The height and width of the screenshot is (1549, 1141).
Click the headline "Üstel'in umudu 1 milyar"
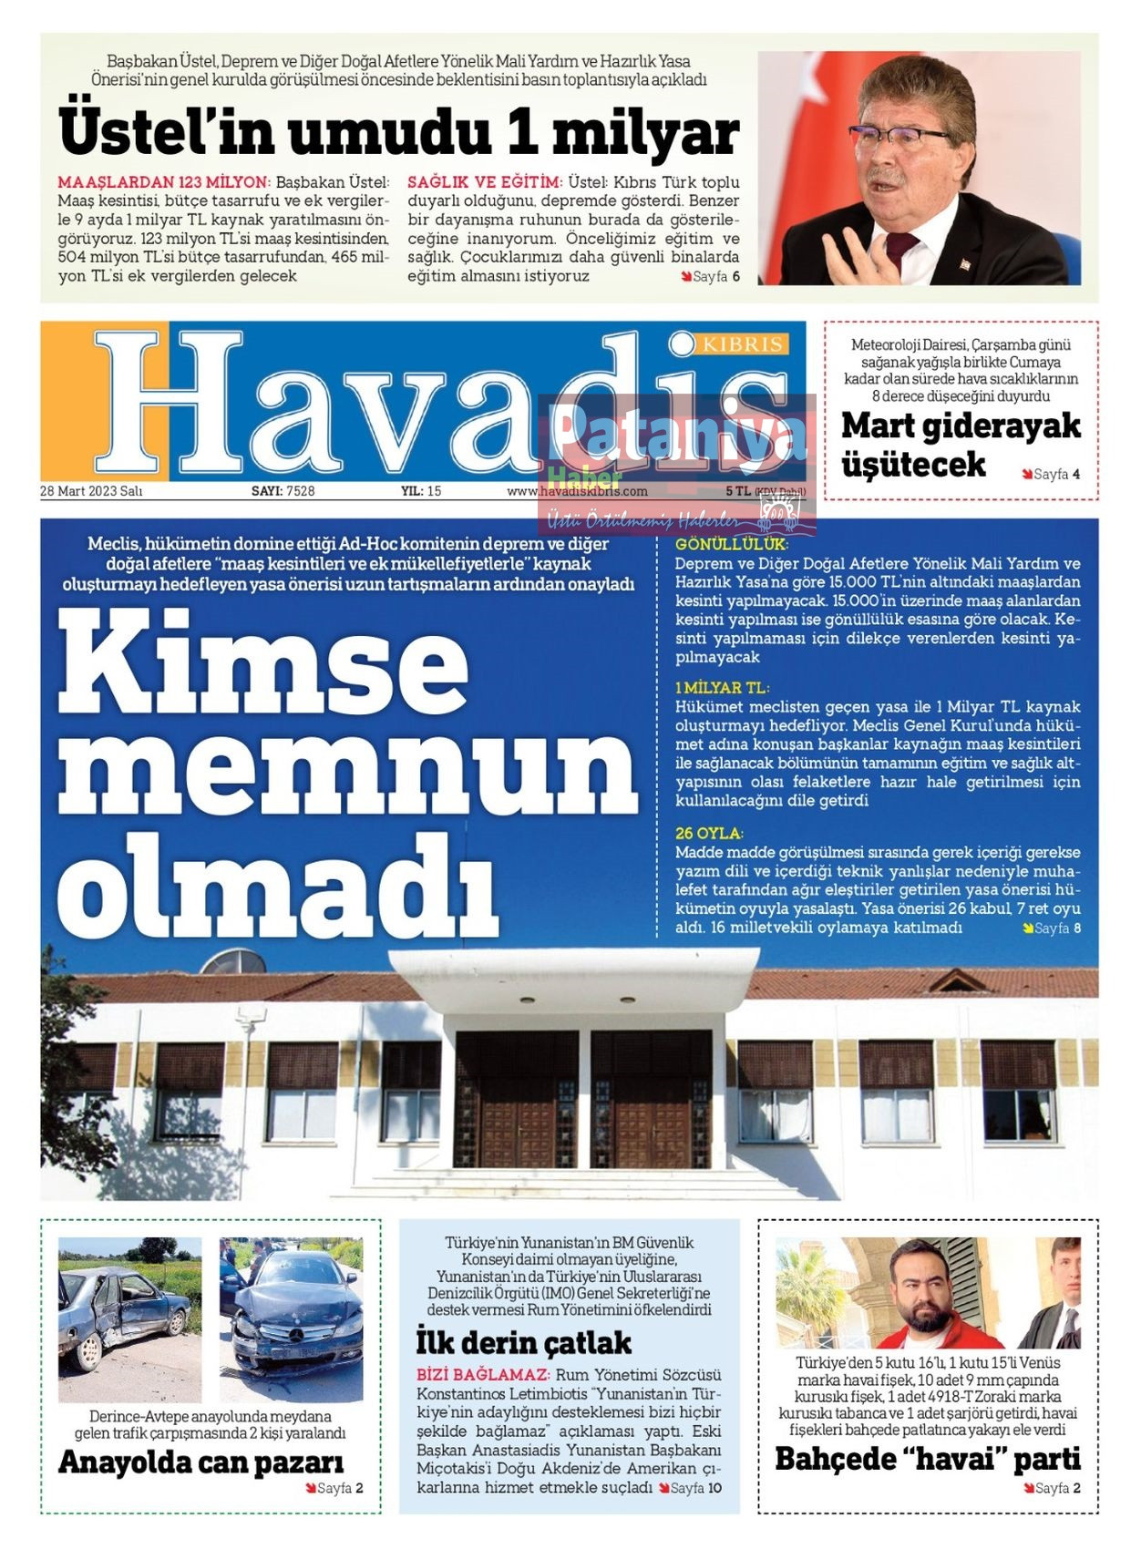coord(398,132)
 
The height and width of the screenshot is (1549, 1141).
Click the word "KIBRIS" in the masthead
coord(742,344)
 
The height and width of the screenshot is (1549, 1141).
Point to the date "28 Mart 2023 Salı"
coord(91,491)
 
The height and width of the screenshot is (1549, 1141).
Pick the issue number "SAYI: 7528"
coord(283,491)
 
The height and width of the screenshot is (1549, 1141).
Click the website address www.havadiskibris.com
coord(577,491)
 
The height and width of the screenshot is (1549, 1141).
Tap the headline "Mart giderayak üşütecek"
coord(960,444)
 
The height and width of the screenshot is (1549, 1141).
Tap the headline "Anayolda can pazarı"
coord(201,1462)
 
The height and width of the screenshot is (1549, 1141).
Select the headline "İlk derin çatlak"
coord(523,1342)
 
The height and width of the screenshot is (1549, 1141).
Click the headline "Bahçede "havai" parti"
coord(927,1459)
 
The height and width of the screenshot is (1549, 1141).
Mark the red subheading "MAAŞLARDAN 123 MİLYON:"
coord(163,182)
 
